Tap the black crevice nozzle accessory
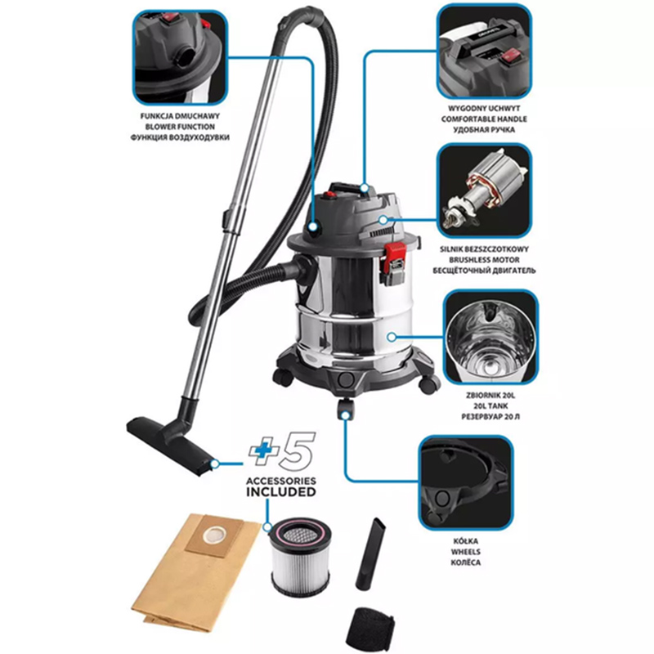(x=371, y=553)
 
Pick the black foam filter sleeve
(x=370, y=630)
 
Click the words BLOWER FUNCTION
(x=180, y=127)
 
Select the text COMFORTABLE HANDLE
(x=484, y=119)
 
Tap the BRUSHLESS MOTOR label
(x=484, y=260)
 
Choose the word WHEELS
(x=466, y=552)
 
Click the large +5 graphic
(x=281, y=451)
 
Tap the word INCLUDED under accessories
(x=280, y=492)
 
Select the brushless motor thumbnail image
(x=484, y=191)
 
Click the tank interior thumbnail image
(x=490, y=337)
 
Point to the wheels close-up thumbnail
(x=466, y=483)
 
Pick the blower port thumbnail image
(x=180, y=57)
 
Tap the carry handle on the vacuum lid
(x=344, y=187)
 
